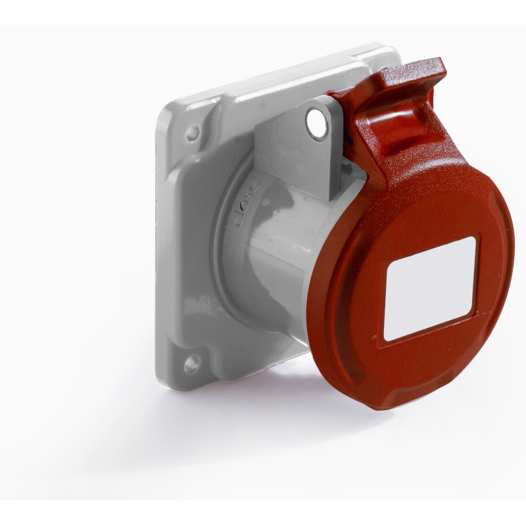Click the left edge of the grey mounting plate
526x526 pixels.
coord(158,250)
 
